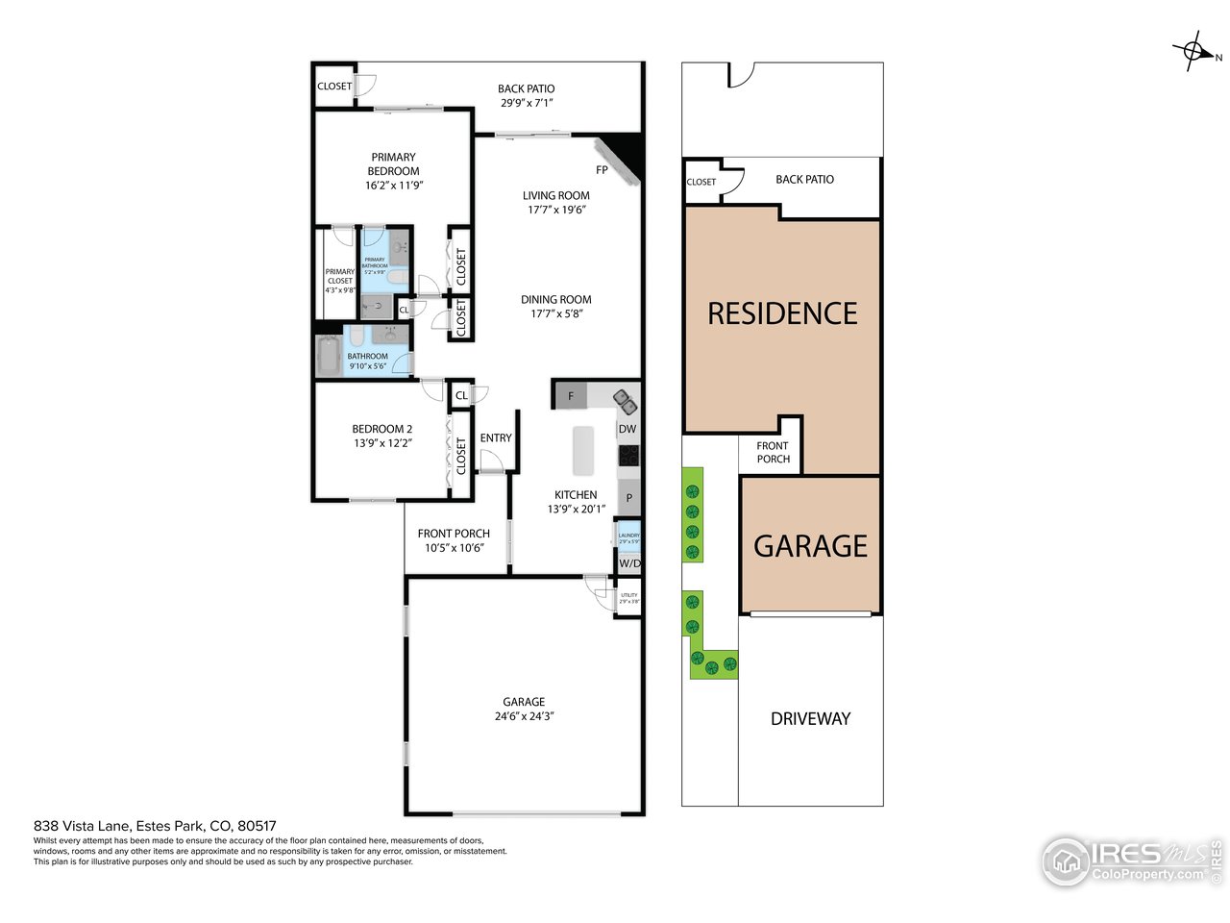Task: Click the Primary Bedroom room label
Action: (x=393, y=163)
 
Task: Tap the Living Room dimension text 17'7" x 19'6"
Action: (x=555, y=210)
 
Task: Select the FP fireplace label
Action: (x=602, y=170)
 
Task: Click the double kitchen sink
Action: (x=624, y=397)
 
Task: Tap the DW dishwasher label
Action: (x=627, y=429)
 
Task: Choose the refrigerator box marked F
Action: (x=571, y=396)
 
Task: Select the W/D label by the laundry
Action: (x=628, y=563)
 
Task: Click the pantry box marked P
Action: (x=629, y=498)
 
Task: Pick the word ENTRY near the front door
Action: (x=496, y=438)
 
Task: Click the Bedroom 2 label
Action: (x=381, y=429)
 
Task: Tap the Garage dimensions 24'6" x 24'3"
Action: (x=524, y=716)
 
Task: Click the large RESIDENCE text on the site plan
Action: (x=782, y=313)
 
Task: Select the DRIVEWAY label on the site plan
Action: (x=810, y=718)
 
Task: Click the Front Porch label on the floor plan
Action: (x=454, y=534)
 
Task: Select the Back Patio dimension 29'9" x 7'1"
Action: (x=527, y=103)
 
